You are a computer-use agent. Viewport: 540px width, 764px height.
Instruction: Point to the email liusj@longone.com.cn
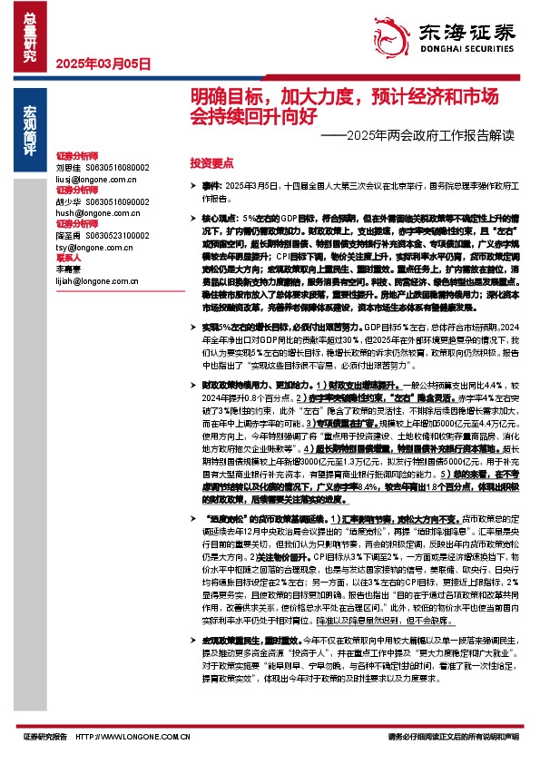point(95,180)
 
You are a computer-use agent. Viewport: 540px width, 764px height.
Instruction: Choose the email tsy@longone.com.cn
point(93,246)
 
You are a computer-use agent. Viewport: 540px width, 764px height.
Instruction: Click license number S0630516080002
point(117,168)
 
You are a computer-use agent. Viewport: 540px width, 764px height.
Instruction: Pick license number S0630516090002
point(117,201)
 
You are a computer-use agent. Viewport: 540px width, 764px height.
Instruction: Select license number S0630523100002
point(117,235)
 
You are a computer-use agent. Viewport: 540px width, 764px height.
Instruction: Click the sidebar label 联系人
point(69,257)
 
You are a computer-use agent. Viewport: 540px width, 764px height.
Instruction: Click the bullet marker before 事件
point(193,185)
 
